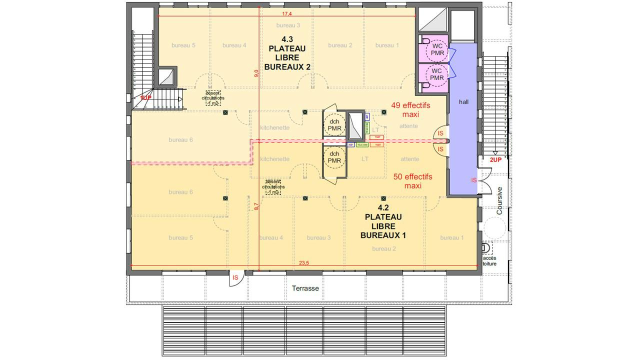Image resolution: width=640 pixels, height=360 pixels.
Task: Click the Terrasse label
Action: coord(305,288)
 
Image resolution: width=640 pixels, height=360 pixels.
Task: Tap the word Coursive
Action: coord(499,200)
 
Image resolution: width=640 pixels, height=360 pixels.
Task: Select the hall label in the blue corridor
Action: coord(463,101)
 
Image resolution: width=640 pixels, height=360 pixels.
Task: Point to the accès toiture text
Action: coord(489,260)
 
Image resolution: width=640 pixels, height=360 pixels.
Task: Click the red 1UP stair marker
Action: coord(145,98)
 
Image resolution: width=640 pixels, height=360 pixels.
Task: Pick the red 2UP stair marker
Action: coord(495,159)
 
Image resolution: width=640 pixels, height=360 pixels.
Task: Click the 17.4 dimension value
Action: coord(287,13)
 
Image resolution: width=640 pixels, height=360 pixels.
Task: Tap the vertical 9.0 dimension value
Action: coord(256,73)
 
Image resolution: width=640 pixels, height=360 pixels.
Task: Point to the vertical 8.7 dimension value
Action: coord(256,205)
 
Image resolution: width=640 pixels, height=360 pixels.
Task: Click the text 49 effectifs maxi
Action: coord(410,110)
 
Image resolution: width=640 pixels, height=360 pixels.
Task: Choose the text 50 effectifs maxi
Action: coord(412,181)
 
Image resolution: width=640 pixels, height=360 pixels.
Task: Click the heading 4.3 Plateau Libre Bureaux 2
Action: coord(287,53)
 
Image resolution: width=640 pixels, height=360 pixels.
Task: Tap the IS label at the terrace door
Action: coord(235,277)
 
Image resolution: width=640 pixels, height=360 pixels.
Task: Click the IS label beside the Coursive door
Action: coord(473,180)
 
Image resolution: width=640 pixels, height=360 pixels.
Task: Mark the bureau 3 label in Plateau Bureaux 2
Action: coord(288,25)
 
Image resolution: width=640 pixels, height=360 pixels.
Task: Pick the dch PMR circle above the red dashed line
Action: coord(334,125)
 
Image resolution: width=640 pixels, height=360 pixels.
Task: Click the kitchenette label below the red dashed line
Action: coord(274,159)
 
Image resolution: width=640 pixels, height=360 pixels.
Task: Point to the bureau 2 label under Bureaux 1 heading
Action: coord(384,248)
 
